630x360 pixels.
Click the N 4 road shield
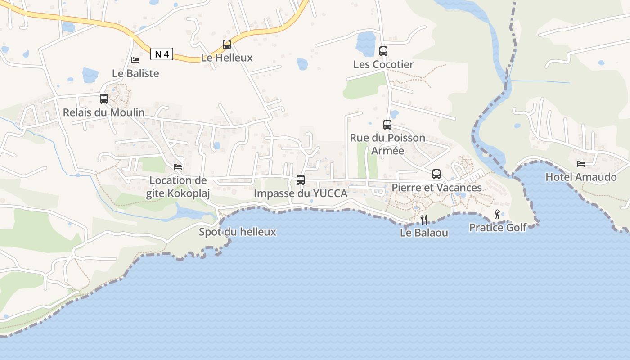(162, 54)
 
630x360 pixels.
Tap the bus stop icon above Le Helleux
(227, 45)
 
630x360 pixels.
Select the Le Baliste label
(135, 73)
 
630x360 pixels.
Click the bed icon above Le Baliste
(135, 60)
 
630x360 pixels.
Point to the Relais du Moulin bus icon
(104, 99)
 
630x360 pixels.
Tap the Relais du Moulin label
(104, 112)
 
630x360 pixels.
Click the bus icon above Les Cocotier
(383, 51)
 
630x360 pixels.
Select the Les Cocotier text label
(383, 64)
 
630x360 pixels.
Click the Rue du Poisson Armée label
(387, 144)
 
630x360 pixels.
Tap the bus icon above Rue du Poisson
(387, 125)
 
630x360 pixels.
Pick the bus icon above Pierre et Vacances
(436, 174)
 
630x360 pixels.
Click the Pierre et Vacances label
(436, 188)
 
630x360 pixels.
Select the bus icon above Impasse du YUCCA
(301, 180)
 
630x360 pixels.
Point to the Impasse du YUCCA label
(301, 193)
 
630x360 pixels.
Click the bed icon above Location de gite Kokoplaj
(178, 167)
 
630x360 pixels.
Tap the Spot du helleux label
(238, 232)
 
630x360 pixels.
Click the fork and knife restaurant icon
(424, 220)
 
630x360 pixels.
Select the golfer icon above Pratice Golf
(497, 214)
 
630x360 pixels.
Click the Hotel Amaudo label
(581, 177)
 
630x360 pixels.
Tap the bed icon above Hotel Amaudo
(581, 164)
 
